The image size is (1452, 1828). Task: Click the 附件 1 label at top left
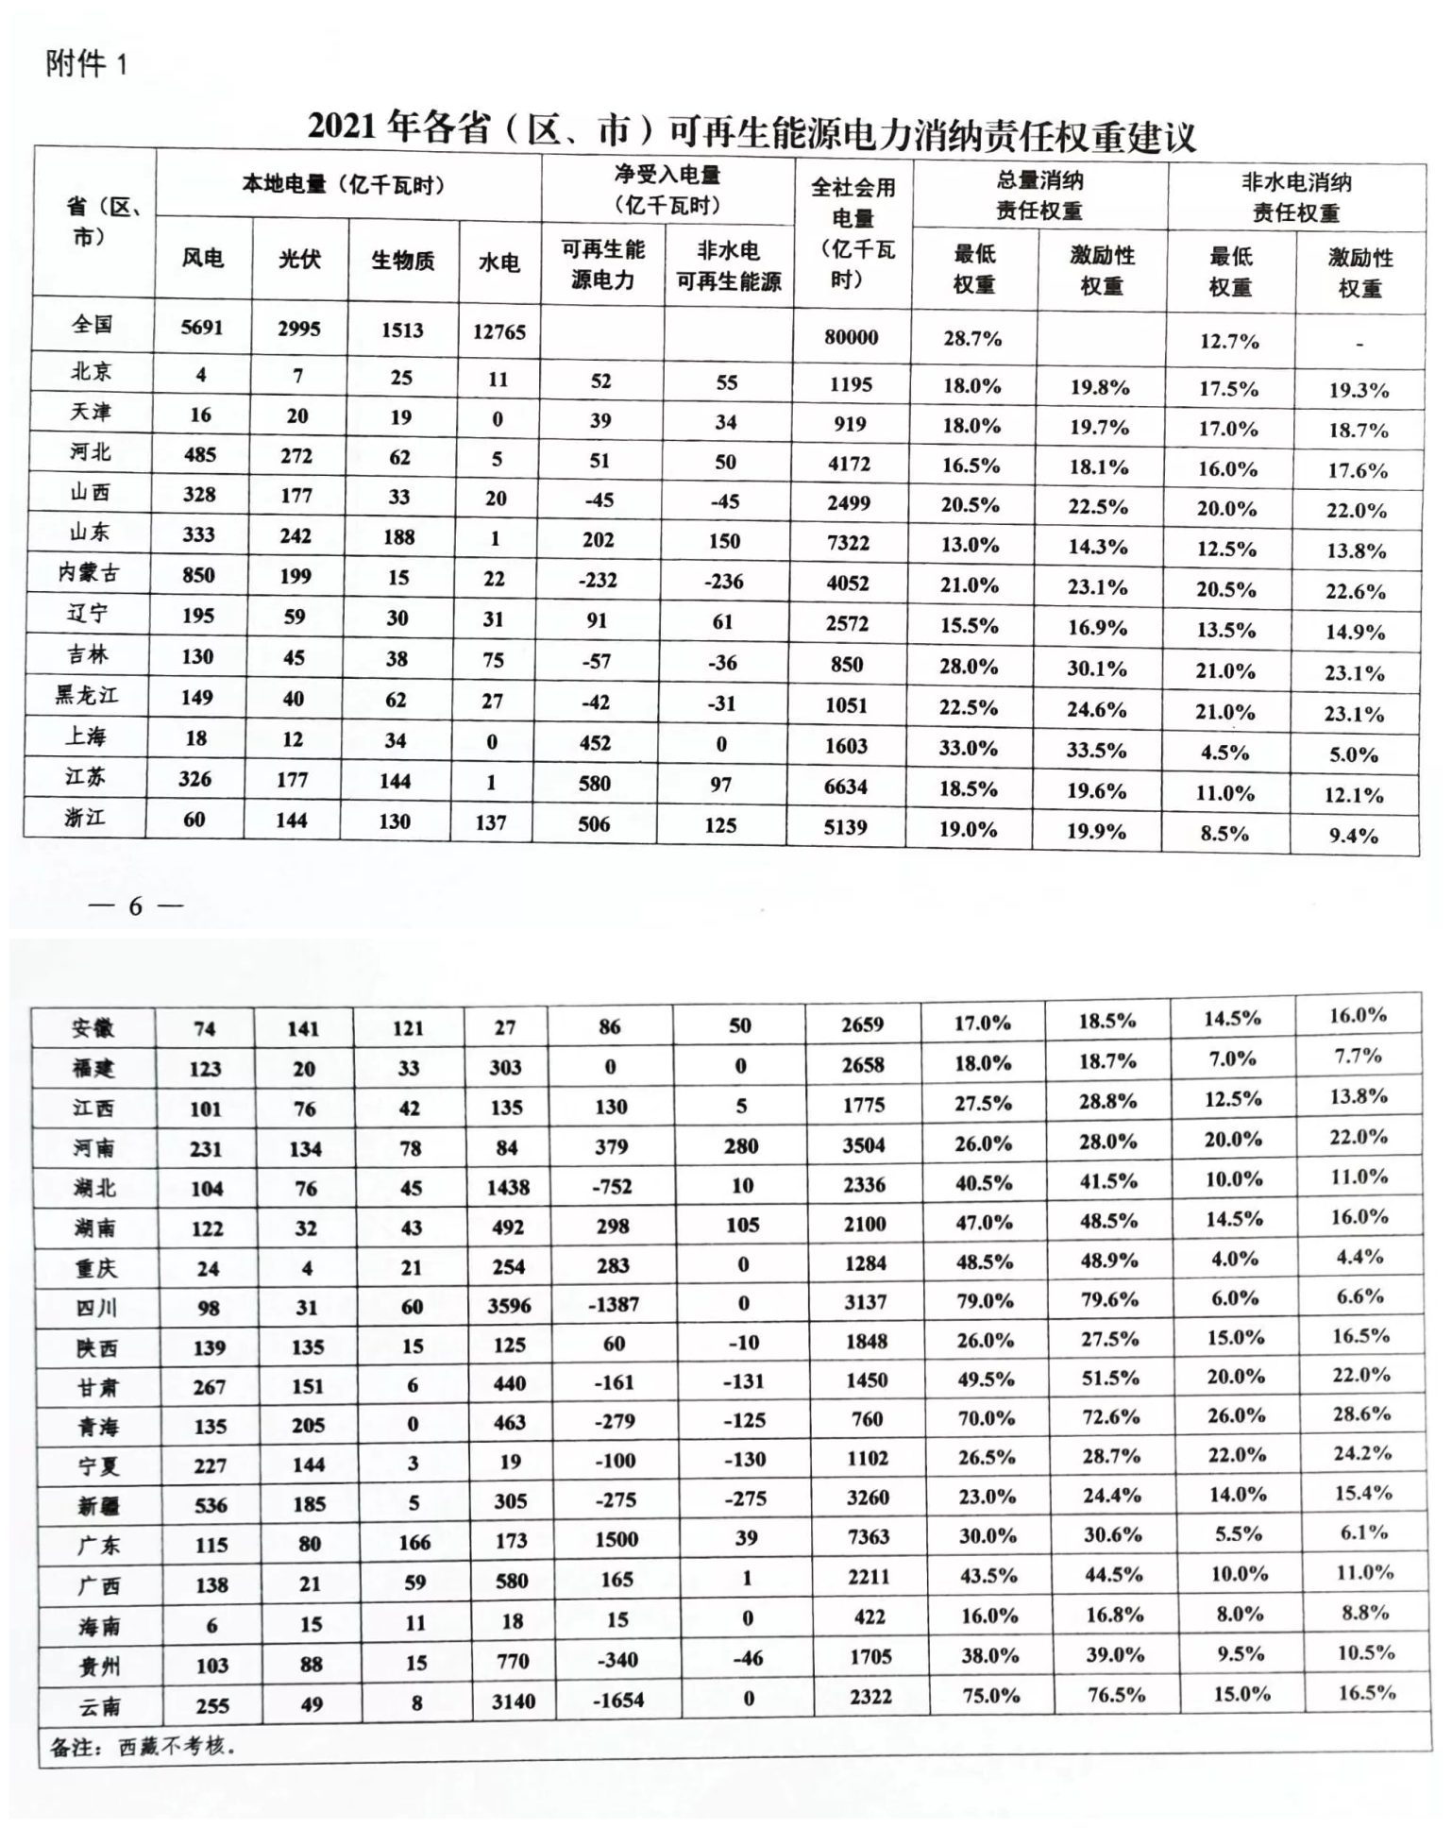pos(86,64)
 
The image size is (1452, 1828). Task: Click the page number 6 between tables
pos(135,906)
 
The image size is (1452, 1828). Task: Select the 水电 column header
pos(498,262)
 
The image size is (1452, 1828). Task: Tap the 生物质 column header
pos(402,261)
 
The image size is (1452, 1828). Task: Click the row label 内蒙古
pos(89,572)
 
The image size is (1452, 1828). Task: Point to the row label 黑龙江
pos(86,696)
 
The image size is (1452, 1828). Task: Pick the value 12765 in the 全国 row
pos(498,331)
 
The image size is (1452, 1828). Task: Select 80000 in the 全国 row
pos(851,337)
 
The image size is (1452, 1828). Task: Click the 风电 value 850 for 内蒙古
pos(198,575)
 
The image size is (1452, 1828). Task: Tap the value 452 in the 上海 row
pos(595,743)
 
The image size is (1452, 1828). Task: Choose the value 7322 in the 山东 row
pos(848,543)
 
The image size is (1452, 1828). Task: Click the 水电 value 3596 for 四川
pos(509,1306)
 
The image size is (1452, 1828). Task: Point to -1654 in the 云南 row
pos(618,1701)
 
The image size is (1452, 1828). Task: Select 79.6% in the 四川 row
pos(1109,1299)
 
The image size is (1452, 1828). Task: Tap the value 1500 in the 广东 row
pos(616,1539)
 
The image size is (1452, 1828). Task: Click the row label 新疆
pos(98,1505)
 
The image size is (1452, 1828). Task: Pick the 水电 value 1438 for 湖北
pos(508,1187)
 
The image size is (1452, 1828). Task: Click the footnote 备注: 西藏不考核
pos(142,1747)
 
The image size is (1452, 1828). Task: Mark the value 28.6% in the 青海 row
pos(1360,1413)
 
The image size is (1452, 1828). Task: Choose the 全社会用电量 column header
pos(853,233)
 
